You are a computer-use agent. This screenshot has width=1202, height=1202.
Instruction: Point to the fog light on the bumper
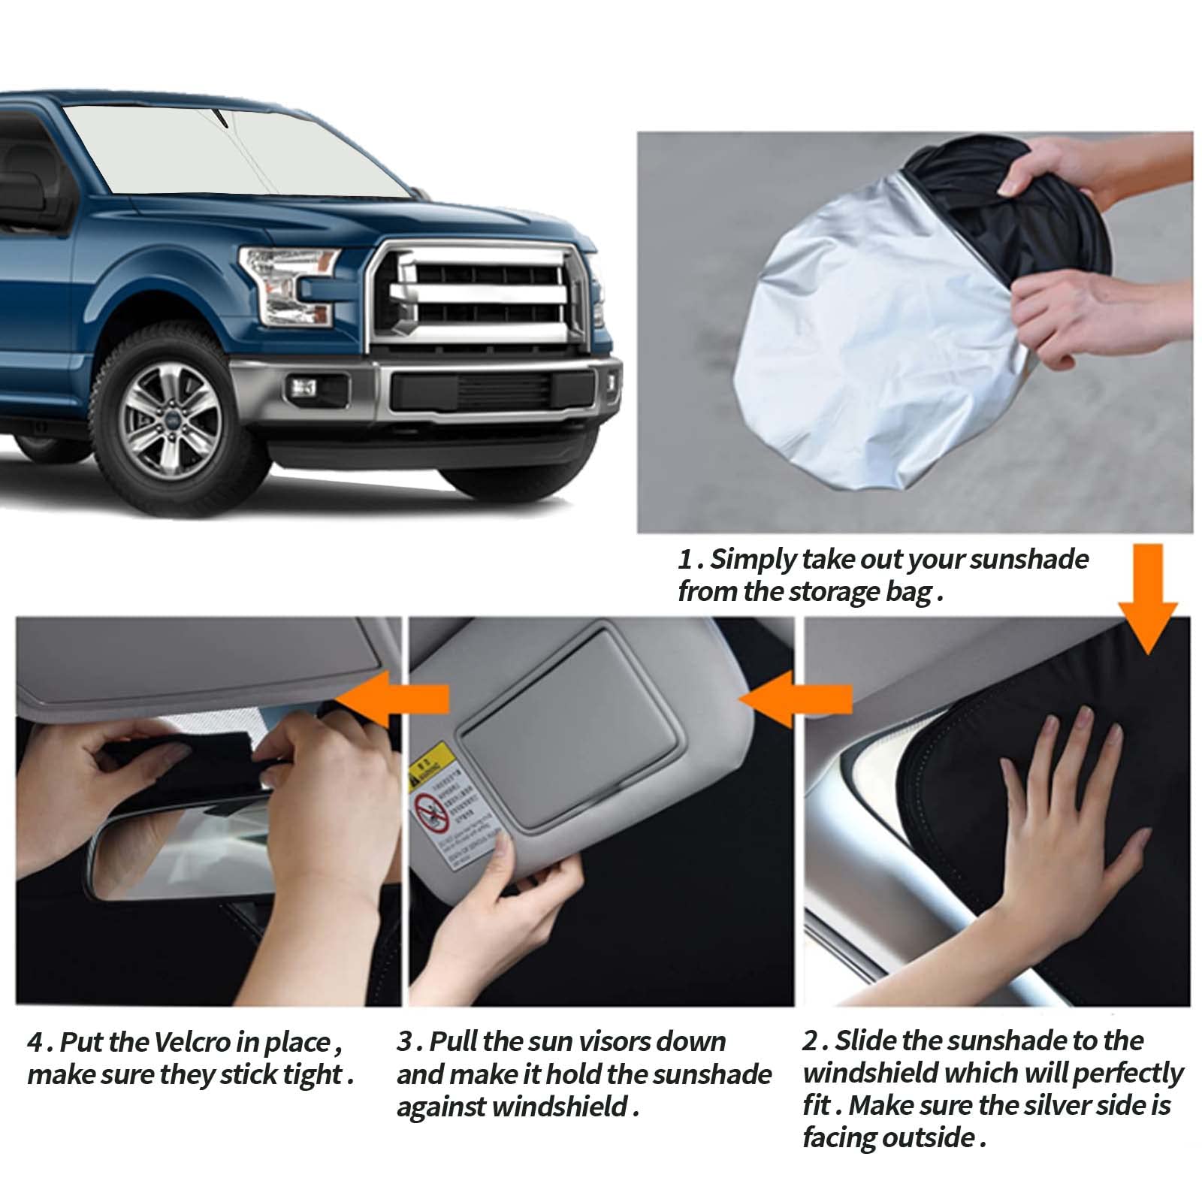point(304,388)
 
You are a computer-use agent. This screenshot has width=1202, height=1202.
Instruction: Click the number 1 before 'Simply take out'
point(684,560)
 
